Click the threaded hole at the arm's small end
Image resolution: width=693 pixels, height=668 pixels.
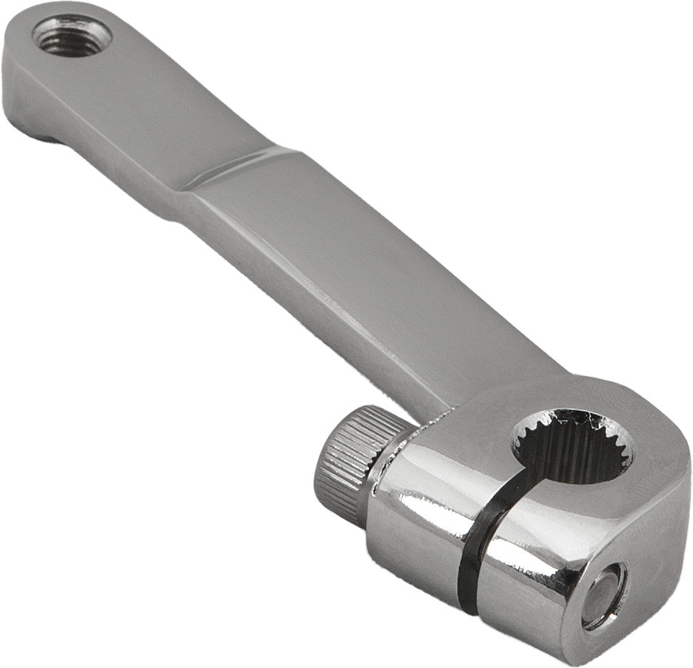coord(71,35)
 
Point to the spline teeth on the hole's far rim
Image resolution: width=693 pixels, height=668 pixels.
coord(575,417)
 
